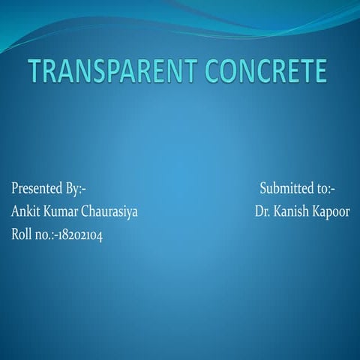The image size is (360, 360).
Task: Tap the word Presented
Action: pyautogui.click(x=37, y=187)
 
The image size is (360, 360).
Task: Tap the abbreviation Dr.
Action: pyautogui.click(x=262, y=211)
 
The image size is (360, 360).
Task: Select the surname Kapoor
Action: pyautogui.click(x=331, y=211)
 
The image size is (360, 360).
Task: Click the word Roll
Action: pyautogui.click(x=21, y=234)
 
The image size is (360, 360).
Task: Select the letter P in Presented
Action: pyautogui.click(x=13, y=187)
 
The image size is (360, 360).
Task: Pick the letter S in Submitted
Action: pyautogui.click(x=263, y=187)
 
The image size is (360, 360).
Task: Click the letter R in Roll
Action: pyautogui.click(x=14, y=234)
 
